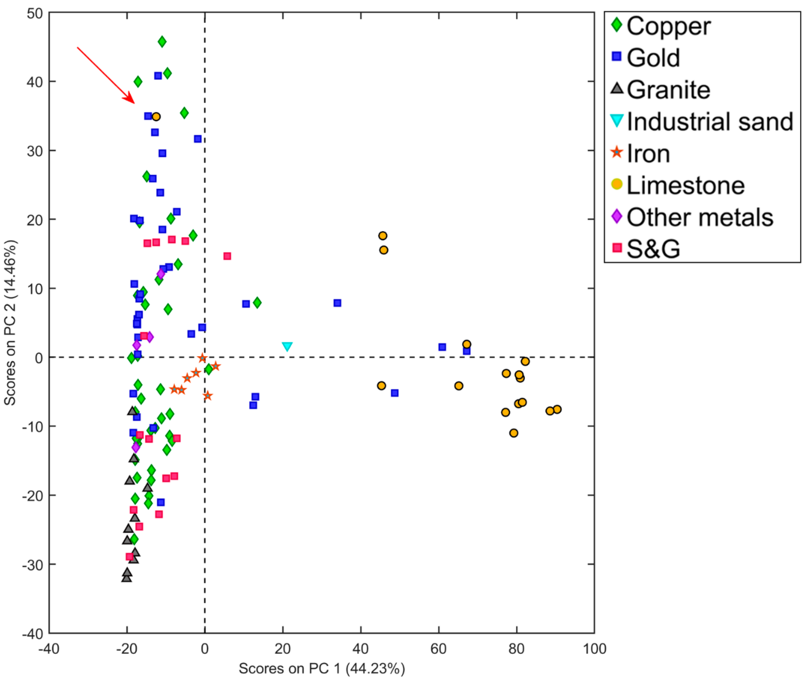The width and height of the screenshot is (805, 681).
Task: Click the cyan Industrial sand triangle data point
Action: point(287,346)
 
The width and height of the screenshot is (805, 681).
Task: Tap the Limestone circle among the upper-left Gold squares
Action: point(156,117)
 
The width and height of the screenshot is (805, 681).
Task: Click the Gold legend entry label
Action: point(653,58)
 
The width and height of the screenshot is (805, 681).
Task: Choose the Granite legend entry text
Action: point(668,90)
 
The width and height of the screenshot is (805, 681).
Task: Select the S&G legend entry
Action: point(653,249)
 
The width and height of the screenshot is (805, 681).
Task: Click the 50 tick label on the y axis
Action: point(35,13)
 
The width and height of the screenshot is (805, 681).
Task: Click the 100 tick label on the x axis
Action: point(594,649)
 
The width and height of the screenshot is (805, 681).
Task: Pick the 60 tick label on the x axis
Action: point(439,649)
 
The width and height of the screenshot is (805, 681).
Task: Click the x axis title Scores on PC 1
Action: point(321,668)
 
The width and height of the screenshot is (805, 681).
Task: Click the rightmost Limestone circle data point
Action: point(557,409)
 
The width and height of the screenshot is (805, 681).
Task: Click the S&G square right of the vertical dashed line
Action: point(227,256)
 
